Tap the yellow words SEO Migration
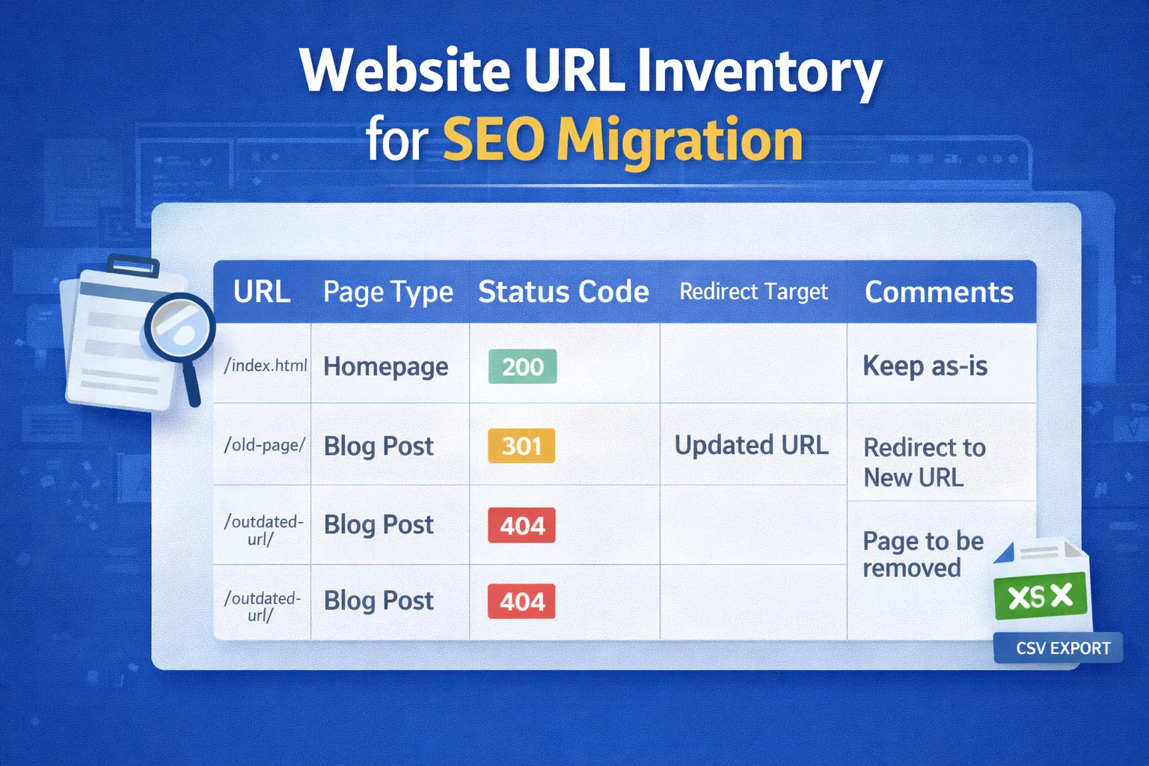pos(622,140)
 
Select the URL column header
pos(262,292)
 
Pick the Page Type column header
pos(387,292)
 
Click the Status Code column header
pos(563,292)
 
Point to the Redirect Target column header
pos(753,292)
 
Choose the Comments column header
pos(939,292)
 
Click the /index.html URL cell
pos(266,365)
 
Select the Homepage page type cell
pos(385,367)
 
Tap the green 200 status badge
pos(522,367)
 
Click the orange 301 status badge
pos(521,446)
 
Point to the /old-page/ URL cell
pos(264,445)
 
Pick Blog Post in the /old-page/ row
pos(379,446)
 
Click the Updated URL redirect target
pos(751,445)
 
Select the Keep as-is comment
pos(925,366)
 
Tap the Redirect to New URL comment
pos(924,462)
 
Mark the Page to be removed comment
pos(922,554)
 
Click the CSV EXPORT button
pos(1062,648)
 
